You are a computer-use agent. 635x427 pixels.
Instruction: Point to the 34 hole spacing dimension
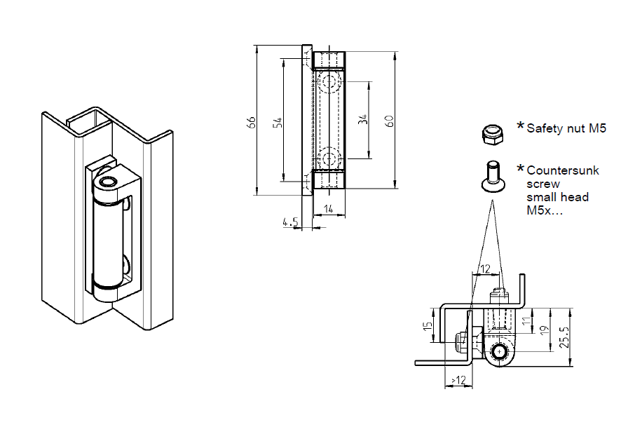coord(362,120)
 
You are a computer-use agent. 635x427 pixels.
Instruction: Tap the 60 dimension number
coord(389,120)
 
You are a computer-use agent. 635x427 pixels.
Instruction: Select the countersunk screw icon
coord(491,175)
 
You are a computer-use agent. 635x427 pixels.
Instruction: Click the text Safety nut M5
coord(566,128)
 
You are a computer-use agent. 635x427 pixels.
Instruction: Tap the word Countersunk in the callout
coord(563,170)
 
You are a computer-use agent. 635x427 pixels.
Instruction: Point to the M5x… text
coord(545,210)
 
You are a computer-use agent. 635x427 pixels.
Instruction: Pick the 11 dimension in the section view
coord(526,322)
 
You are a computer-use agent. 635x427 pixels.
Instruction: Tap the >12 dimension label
coord(457,379)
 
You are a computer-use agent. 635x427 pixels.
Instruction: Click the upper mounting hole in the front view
coord(329,83)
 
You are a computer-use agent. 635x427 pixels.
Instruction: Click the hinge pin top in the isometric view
coord(109,183)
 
